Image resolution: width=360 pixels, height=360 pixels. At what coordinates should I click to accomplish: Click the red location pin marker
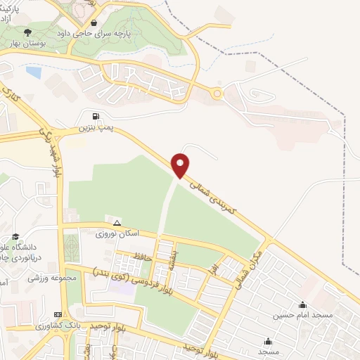(x=181, y=165)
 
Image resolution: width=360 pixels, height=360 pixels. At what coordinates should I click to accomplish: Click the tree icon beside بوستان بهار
(x=27, y=32)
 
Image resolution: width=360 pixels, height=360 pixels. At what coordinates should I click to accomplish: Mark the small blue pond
(x=34, y=71)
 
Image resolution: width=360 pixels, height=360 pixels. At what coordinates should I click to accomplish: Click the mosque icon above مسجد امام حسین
(x=302, y=304)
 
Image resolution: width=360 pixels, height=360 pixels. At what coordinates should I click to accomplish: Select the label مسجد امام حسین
(x=302, y=316)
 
